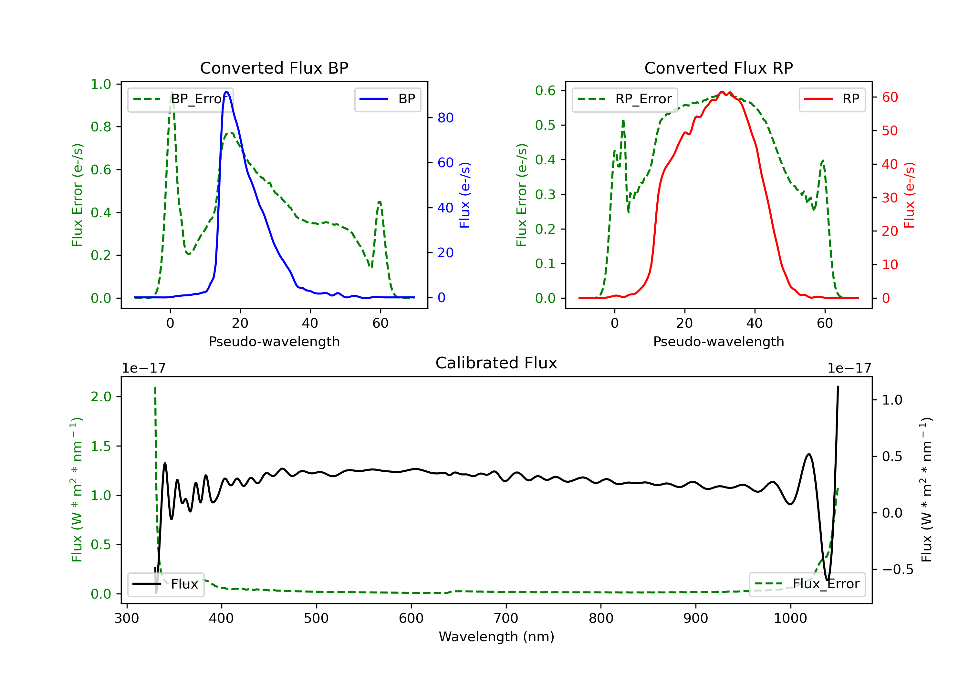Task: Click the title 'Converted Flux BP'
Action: pyautogui.click(x=274, y=68)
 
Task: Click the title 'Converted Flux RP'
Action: pyautogui.click(x=718, y=68)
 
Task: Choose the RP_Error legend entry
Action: pyautogui.click(x=625, y=99)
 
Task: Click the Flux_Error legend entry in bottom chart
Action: pyautogui.click(x=807, y=584)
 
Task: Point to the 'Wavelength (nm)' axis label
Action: pyautogui.click(x=496, y=637)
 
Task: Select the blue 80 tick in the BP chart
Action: pyautogui.click(x=445, y=118)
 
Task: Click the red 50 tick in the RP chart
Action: pyautogui.click(x=890, y=131)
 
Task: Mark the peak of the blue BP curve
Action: pyautogui.click(x=227, y=92)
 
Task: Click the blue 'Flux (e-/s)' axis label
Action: pyautogui.click(x=465, y=195)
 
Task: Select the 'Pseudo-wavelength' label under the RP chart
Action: pyautogui.click(x=718, y=341)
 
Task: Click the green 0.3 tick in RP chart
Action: pyautogui.click(x=545, y=194)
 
